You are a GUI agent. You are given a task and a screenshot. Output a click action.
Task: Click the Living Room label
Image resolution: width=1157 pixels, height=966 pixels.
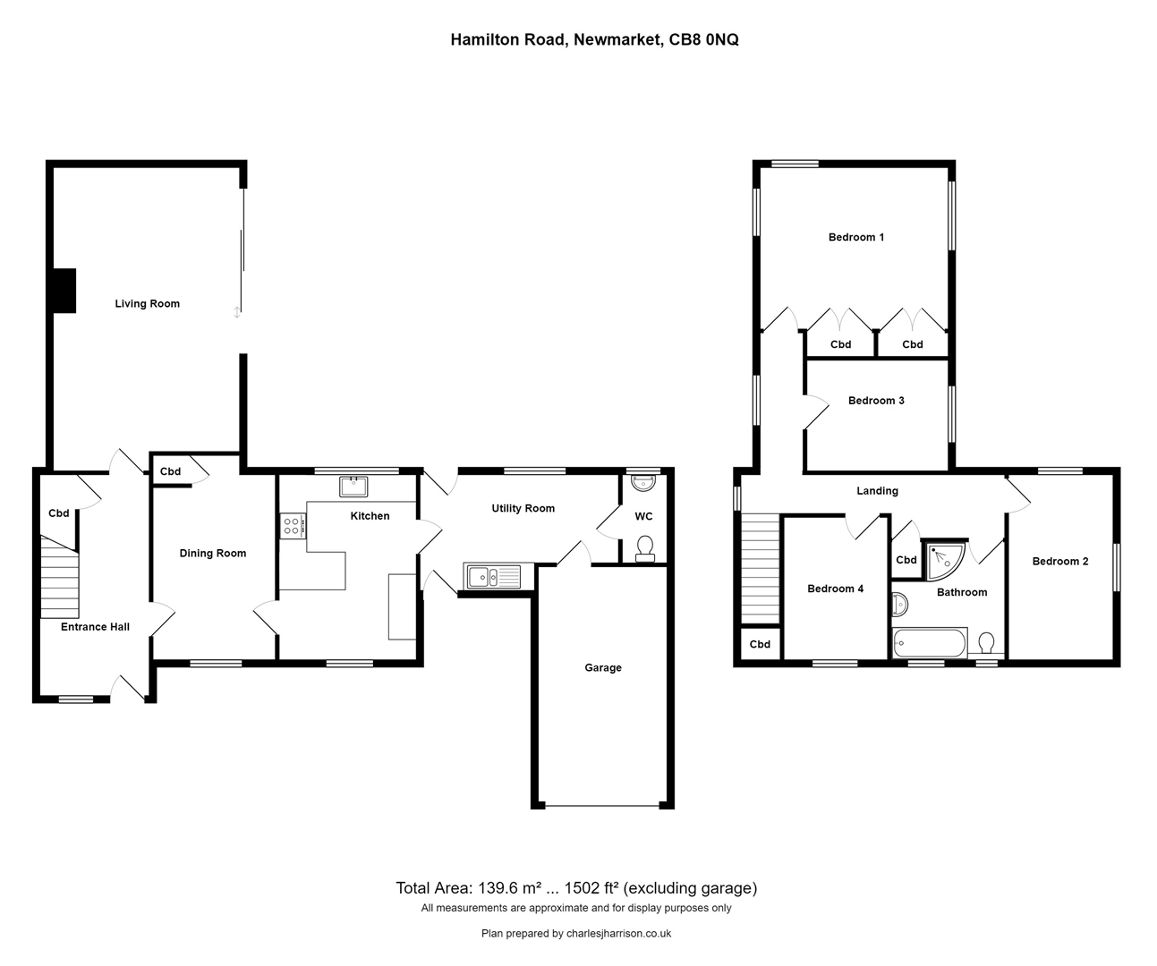click(x=147, y=304)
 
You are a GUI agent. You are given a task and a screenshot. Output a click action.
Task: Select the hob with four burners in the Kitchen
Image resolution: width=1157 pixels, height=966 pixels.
click(x=292, y=525)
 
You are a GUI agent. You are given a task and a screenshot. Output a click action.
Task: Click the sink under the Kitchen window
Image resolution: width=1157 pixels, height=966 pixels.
click(x=353, y=487)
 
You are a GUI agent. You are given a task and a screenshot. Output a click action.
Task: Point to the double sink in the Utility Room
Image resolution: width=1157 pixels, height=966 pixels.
click(x=491, y=577)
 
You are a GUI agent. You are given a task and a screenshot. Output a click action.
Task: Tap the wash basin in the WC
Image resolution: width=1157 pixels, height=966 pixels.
click(x=643, y=484)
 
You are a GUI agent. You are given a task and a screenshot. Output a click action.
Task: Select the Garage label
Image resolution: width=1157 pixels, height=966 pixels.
click(x=602, y=668)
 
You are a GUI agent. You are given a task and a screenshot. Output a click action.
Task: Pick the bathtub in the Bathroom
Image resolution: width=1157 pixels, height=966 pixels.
click(x=930, y=643)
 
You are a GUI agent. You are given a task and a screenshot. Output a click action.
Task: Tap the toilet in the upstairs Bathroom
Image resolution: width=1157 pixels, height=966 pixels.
click(x=987, y=643)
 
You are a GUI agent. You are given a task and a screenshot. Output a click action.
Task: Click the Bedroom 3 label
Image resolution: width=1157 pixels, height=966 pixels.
click(x=876, y=401)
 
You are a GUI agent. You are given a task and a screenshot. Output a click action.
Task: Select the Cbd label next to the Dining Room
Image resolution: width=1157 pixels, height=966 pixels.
click(x=170, y=472)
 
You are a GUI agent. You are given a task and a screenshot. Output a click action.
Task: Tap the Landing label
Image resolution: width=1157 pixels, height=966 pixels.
click(x=877, y=491)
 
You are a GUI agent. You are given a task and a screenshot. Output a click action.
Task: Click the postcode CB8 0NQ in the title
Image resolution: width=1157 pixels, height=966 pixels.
click(x=703, y=39)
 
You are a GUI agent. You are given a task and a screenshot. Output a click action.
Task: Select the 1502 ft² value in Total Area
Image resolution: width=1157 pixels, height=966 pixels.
click(x=585, y=888)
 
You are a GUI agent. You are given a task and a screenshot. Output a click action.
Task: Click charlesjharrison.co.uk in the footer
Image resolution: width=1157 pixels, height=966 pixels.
click(x=617, y=934)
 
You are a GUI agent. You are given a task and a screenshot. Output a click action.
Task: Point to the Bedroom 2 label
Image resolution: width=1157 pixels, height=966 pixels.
click(x=1059, y=562)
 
